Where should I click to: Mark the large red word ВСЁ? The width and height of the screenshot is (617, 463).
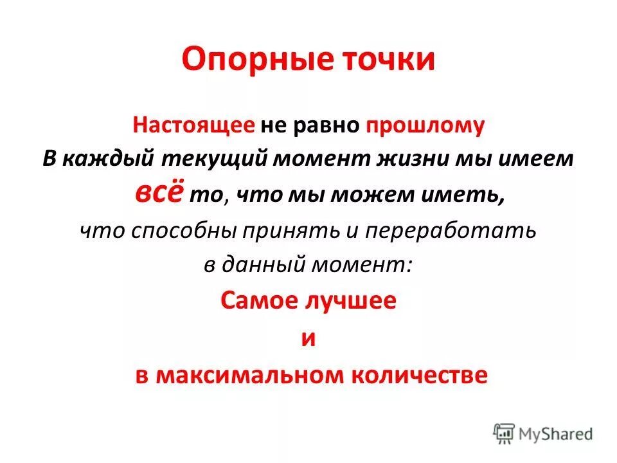159,192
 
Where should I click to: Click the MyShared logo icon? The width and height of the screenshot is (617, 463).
505,433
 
